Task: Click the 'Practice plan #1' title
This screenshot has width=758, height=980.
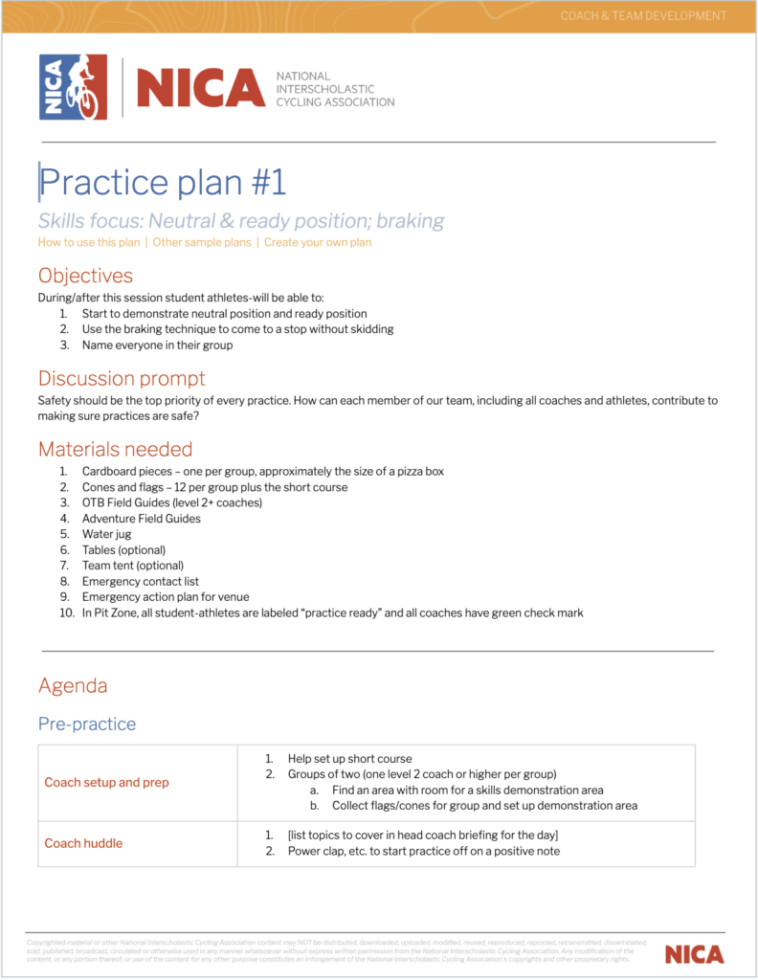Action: coord(163,182)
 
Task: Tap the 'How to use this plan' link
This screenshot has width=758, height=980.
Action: coord(89,242)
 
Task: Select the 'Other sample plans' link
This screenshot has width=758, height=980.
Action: coord(202,242)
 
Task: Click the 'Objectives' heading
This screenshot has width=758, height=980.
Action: coord(85,276)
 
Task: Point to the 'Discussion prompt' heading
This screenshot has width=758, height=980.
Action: coord(122,378)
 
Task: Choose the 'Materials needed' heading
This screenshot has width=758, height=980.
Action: coord(115,449)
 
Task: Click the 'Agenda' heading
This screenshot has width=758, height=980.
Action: coord(73,685)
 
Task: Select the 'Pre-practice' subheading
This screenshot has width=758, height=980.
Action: coord(87,724)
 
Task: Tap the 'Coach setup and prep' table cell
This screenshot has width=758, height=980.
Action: coord(106,783)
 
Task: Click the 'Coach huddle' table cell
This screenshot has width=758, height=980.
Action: coord(83,843)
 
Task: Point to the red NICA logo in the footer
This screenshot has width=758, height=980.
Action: coord(694,954)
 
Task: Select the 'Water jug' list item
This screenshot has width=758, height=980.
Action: coord(106,534)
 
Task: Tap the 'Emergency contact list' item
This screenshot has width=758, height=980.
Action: coord(142,581)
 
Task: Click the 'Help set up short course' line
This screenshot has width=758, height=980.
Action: coord(349,759)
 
